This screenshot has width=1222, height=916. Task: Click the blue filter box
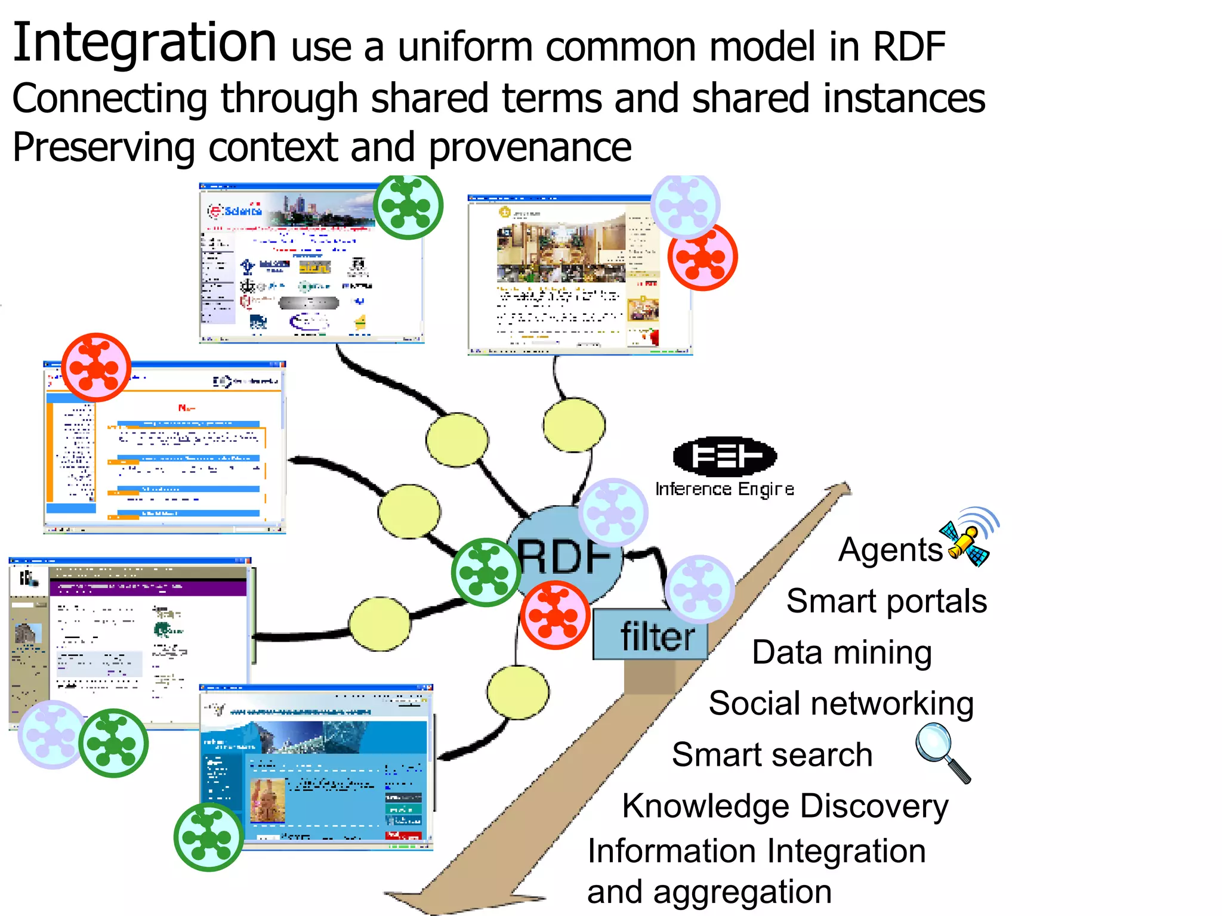650,636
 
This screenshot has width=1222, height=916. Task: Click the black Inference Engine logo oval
724,457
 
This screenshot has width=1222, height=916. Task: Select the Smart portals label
886,601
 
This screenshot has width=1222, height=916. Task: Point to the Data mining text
841,652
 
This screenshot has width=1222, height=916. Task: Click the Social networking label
841,704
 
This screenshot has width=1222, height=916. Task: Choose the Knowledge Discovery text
785,806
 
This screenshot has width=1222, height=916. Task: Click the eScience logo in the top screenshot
235,210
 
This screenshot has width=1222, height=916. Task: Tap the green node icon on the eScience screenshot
408,206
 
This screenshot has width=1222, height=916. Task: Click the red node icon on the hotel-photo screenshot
702,258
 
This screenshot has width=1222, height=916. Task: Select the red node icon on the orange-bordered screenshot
96,367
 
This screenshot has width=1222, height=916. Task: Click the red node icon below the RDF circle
555,615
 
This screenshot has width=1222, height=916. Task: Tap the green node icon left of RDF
486,572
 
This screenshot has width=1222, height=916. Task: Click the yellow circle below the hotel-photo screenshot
574,425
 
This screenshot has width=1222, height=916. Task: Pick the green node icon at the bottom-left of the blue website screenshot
209,837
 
